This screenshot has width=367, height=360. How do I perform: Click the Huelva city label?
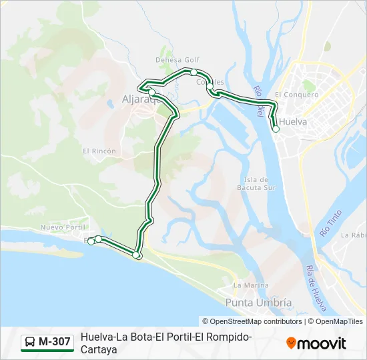294,122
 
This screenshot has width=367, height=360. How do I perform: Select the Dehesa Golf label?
177,59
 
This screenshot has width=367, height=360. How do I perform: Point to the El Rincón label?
99,151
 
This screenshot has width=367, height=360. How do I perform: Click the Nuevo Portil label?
61,227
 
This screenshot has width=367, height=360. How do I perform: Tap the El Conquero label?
296,95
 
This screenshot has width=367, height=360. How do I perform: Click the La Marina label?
251,285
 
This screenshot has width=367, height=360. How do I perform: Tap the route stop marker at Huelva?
276,129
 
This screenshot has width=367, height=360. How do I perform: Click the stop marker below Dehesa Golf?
194,72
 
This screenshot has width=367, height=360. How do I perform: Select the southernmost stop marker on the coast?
136,255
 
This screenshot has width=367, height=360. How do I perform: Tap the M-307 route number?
55,343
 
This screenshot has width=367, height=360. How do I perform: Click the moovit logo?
316,343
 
